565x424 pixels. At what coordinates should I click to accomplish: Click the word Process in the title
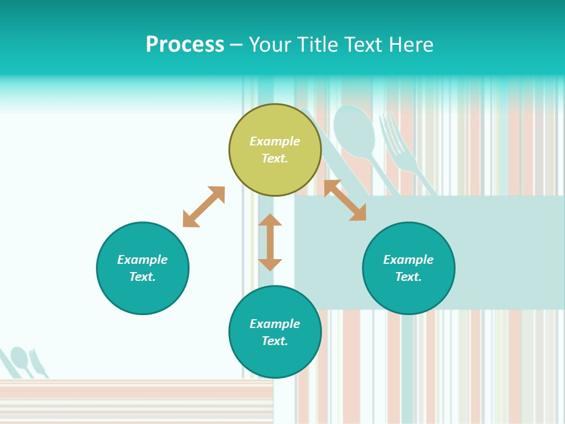[x=185, y=45]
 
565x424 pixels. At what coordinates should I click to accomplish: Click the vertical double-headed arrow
[x=270, y=242]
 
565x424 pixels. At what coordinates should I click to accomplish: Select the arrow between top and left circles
[x=204, y=207]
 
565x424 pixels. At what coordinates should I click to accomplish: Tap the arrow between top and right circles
[x=345, y=200]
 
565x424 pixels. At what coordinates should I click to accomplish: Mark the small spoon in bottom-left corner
[x=20, y=357]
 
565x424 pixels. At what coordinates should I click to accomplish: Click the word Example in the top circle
[x=275, y=141]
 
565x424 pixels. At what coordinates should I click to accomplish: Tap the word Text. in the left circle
[x=142, y=277]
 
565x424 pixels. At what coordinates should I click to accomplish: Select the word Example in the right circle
[x=408, y=260]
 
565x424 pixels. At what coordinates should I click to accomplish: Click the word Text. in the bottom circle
[x=275, y=341]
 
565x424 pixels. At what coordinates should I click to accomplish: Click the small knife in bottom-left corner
[x=38, y=363]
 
